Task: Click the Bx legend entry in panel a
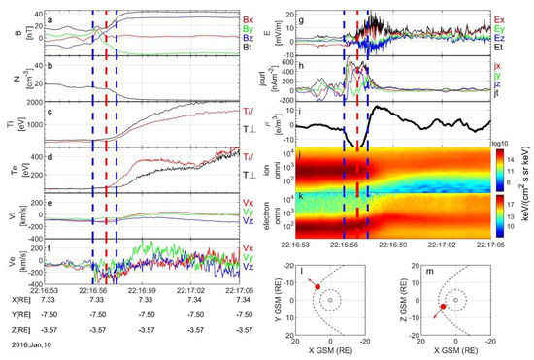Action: [x=249, y=18]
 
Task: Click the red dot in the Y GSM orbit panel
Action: [x=317, y=287]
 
